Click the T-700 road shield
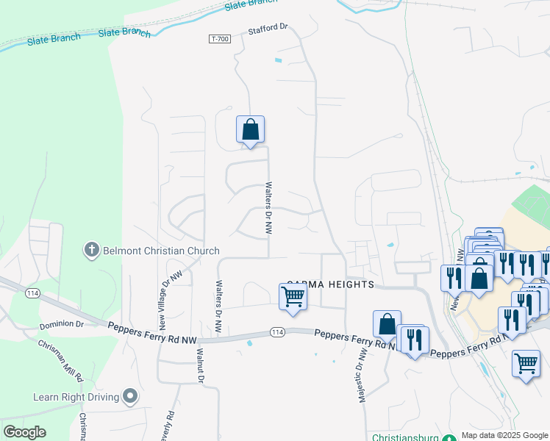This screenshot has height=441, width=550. pos(219,39)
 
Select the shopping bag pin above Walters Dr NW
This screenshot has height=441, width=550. pos(250,130)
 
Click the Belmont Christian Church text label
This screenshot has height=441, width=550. pos(161,251)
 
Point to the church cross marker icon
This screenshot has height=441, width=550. pos(92,251)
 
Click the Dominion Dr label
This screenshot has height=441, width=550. pos(63,324)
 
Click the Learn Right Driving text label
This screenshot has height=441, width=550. pos(76,398)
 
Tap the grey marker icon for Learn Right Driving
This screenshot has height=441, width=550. pos(131,398)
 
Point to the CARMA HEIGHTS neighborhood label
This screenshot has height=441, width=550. pos(329,284)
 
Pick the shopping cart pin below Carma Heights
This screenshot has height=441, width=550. pos(293,298)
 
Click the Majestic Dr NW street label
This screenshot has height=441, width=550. pos(362,373)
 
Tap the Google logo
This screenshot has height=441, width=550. pos(25,432)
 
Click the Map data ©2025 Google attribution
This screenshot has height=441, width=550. pos(504,435)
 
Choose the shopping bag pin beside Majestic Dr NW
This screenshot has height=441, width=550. pos(387,324)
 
